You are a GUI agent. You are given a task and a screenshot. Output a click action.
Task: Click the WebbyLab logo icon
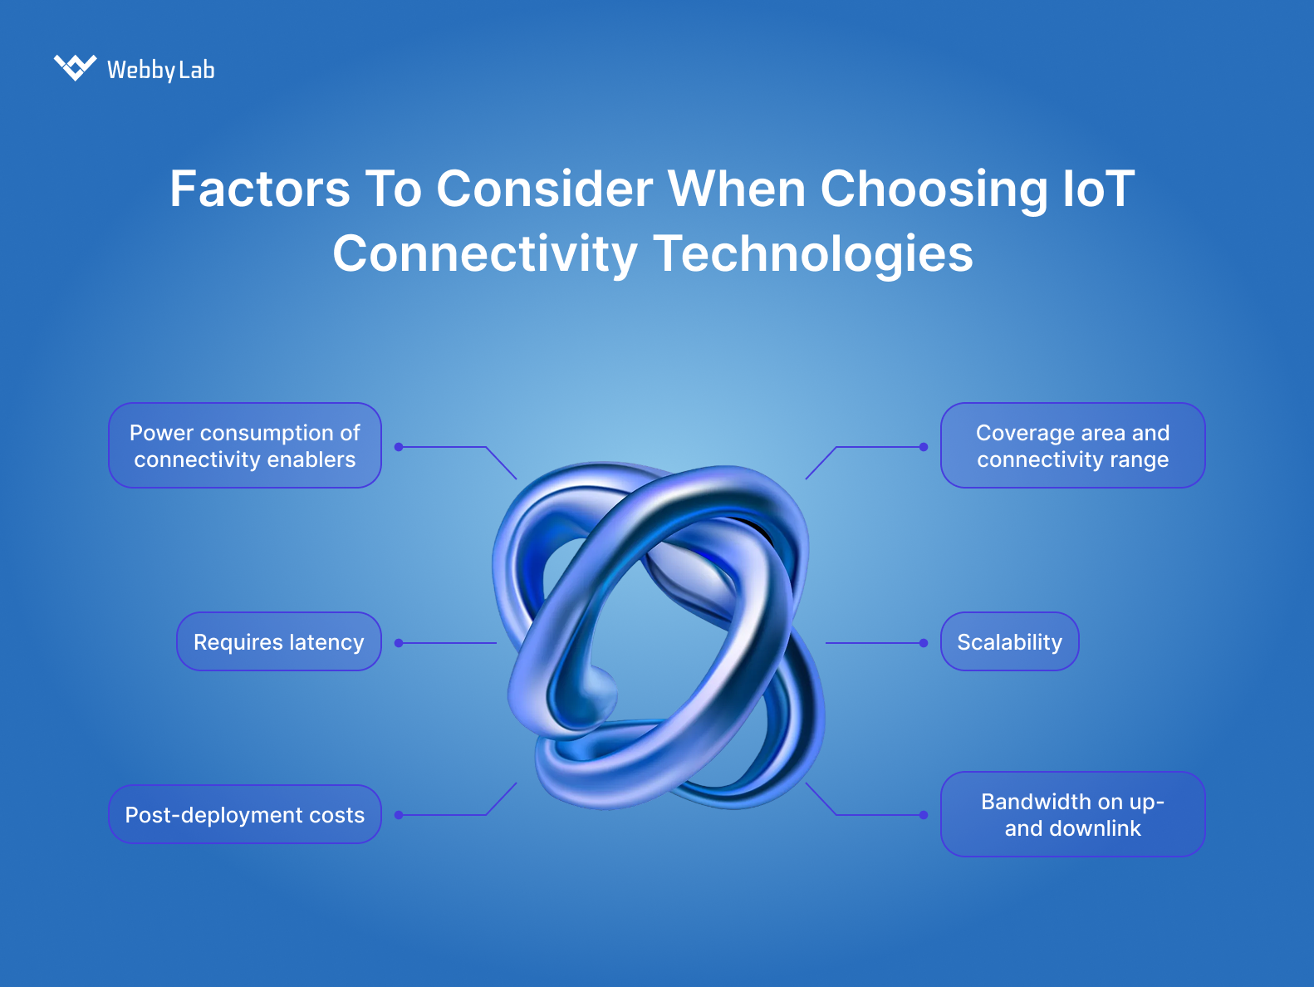(75, 67)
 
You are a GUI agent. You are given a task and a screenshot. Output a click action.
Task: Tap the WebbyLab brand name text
(160, 70)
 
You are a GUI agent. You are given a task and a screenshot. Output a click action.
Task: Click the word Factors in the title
(259, 189)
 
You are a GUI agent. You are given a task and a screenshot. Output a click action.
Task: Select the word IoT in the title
(1098, 189)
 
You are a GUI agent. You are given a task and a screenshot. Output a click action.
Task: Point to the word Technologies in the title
(813, 253)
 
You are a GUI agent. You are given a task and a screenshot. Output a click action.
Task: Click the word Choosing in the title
(934, 189)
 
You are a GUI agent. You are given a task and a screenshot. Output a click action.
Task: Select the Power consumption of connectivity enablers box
(245, 445)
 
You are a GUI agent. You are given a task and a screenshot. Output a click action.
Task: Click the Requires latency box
(279, 641)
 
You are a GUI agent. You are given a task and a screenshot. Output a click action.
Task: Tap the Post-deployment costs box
(245, 814)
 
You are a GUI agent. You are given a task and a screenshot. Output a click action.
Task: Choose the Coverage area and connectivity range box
(1072, 445)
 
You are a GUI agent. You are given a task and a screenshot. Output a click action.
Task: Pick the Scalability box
(1009, 641)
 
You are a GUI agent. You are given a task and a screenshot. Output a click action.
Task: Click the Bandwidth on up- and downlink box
(1072, 814)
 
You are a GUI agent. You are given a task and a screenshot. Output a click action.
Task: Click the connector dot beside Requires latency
(399, 643)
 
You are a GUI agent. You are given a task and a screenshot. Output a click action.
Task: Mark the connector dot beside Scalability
(924, 643)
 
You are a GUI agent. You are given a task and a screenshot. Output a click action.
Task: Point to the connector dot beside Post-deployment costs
(399, 815)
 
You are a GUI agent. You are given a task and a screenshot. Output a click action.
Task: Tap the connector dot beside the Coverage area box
(924, 447)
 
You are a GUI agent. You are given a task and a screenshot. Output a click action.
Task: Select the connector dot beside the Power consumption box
(399, 447)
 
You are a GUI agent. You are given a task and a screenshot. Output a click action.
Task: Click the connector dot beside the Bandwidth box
(924, 815)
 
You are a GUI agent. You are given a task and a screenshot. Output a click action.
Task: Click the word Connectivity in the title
(485, 253)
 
